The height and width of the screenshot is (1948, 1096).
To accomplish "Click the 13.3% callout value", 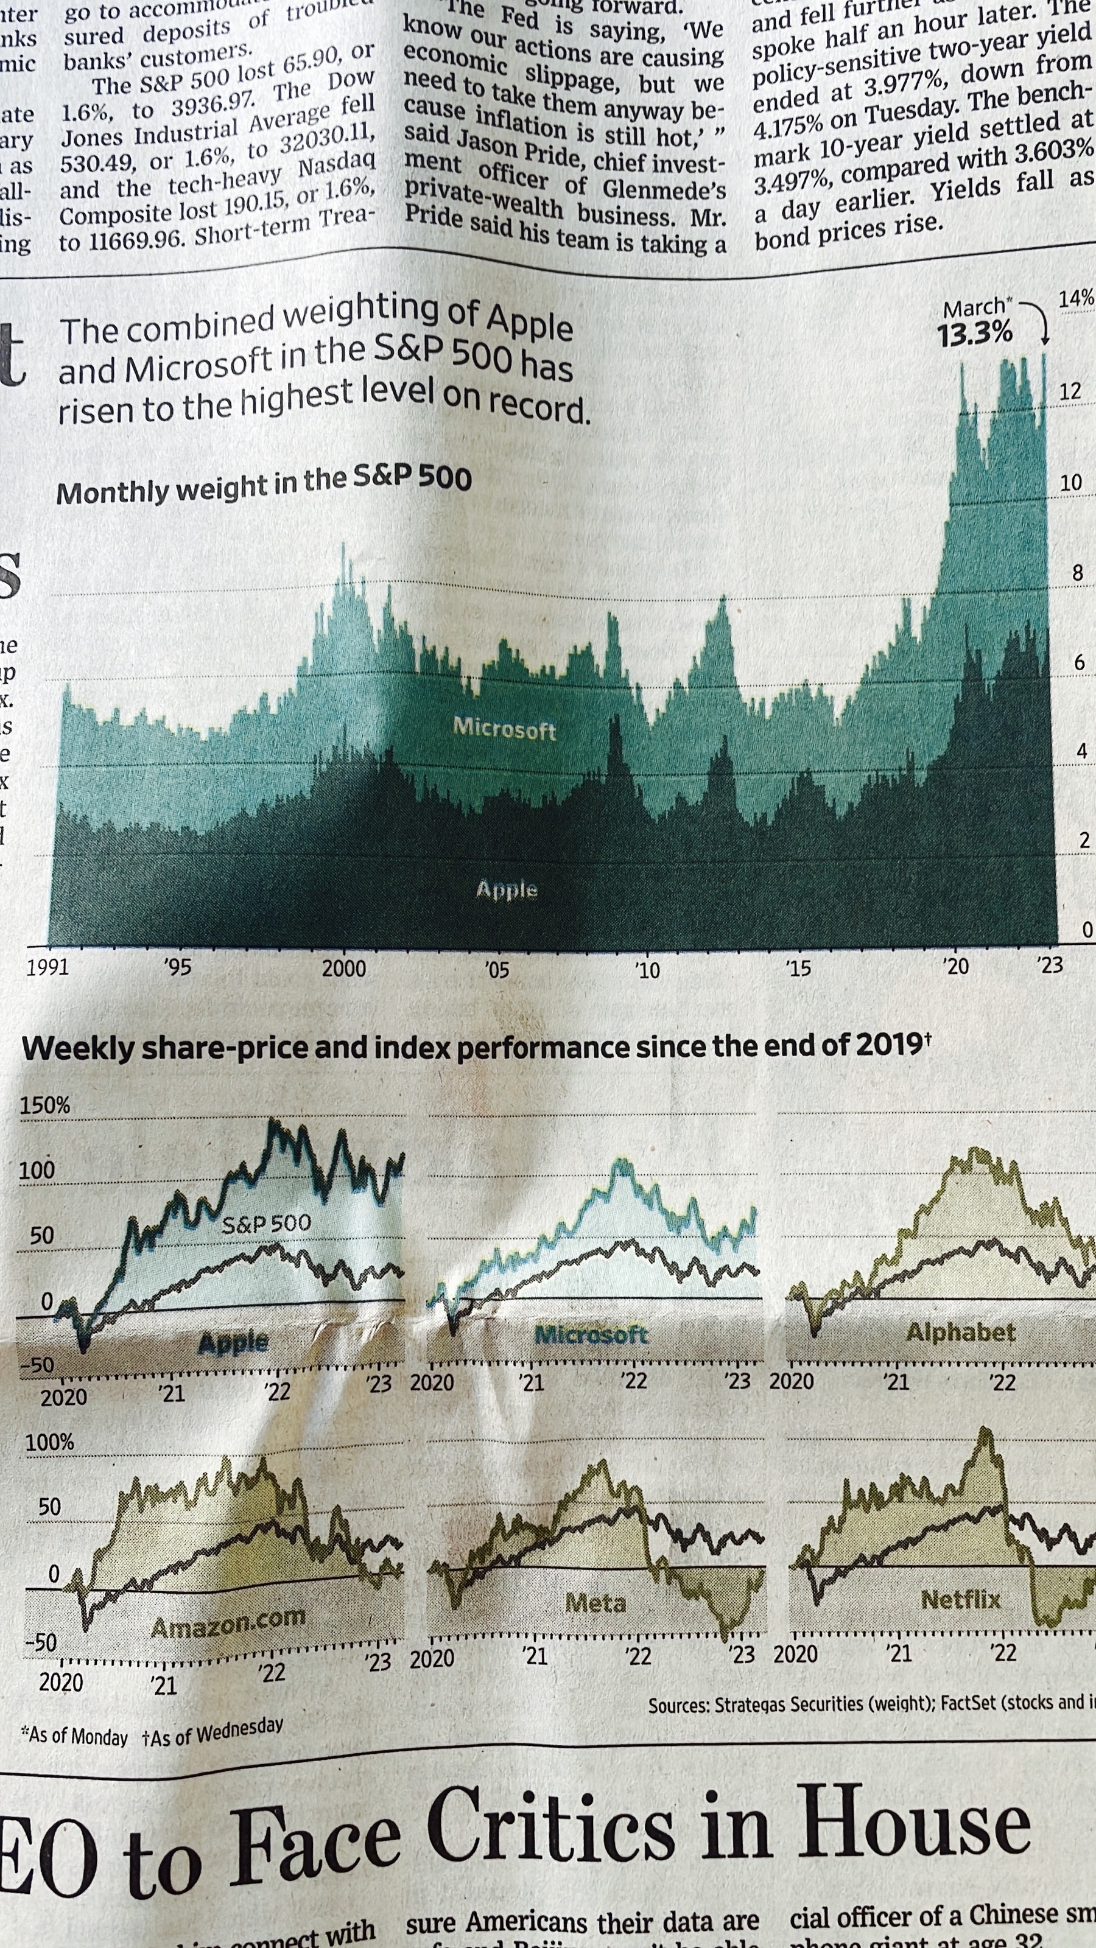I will (x=974, y=334).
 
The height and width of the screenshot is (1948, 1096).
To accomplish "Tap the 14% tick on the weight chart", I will (x=1075, y=299).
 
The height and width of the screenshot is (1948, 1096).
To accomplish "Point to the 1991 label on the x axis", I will (x=47, y=967).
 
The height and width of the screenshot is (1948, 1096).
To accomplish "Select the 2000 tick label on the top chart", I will (x=344, y=968).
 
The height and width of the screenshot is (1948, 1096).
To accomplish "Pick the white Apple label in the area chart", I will (x=507, y=889).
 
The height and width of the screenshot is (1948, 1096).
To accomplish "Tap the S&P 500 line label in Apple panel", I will (x=266, y=1223).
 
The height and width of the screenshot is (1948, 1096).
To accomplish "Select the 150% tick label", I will (x=44, y=1105).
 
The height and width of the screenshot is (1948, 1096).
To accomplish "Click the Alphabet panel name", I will (x=961, y=1332).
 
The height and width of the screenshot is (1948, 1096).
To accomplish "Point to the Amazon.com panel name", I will (x=228, y=1622).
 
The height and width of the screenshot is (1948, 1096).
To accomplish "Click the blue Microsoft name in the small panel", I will (x=591, y=1335).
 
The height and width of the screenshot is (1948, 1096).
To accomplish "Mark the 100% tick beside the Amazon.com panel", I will (x=50, y=1442).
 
